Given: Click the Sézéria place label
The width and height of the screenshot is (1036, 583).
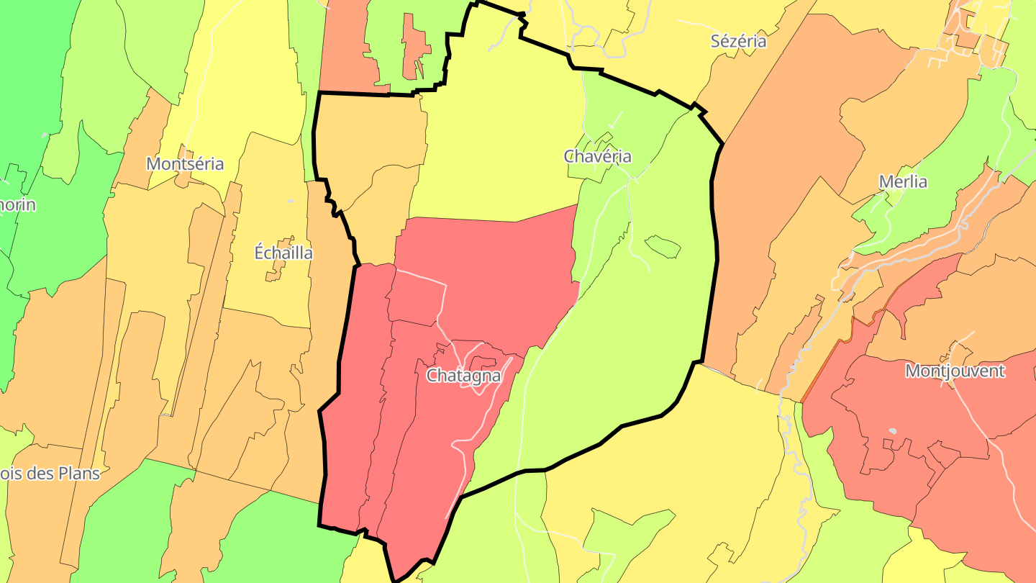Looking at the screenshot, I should coord(738,41).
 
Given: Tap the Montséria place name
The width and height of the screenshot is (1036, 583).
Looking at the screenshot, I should coord(185,164).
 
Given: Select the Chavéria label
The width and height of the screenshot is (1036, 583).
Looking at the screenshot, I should coord(597,156).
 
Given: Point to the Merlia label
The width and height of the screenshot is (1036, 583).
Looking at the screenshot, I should coord(903,182).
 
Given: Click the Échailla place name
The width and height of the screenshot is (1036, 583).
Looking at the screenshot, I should coord(283,253).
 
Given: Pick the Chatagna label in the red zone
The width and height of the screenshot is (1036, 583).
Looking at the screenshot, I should coord(463,376).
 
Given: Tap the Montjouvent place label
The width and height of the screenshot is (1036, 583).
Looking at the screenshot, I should coord(955,371).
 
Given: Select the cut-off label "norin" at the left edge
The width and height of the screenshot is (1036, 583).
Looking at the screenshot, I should coord(18,205).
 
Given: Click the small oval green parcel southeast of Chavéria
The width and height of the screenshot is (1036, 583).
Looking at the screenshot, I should coord(663,247).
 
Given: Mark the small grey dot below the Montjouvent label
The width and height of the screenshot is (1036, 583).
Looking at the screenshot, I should coord(893,431).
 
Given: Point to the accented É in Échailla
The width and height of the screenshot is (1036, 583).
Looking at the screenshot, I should coord(260,252).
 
